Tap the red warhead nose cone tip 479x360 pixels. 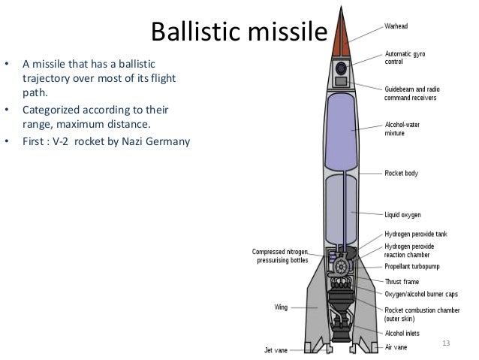pyautogui.click(x=342, y=23)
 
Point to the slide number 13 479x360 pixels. pyautogui.click(x=446, y=343)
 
